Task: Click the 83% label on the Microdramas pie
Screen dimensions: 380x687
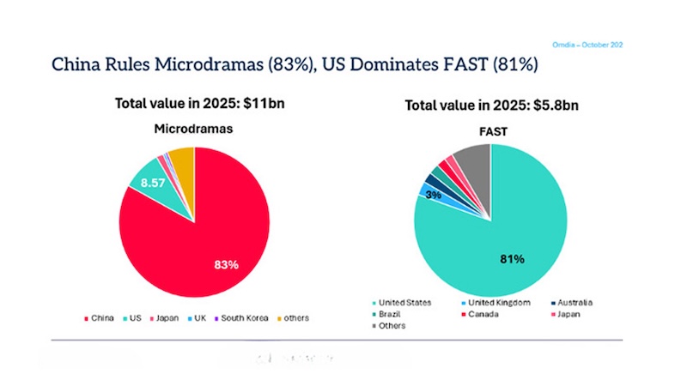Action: point(225,264)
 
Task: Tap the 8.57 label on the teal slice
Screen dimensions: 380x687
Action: point(152,183)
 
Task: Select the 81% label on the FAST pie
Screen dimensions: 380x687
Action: point(513,258)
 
